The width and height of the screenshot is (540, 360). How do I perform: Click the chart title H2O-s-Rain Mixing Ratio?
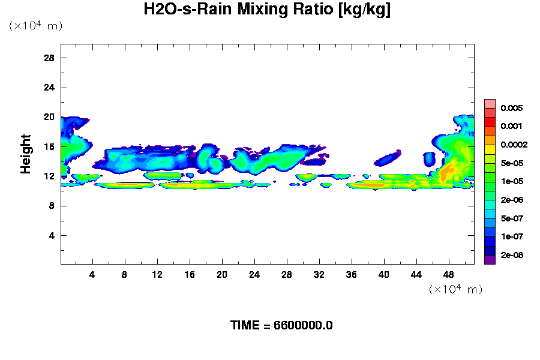click(x=267, y=10)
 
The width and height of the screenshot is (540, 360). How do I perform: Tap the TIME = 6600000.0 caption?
click(x=281, y=325)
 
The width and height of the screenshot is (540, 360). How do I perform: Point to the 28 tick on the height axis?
click(x=49, y=58)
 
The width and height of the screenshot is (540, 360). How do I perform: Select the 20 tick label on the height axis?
click(x=49, y=117)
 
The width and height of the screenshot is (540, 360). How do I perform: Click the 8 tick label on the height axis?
click(x=52, y=206)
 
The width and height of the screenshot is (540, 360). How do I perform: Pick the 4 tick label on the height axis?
click(x=52, y=235)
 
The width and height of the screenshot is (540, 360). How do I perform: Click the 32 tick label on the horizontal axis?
click(x=319, y=274)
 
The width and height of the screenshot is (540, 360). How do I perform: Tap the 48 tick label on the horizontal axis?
click(x=449, y=274)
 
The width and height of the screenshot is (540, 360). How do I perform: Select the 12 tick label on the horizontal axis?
click(x=157, y=274)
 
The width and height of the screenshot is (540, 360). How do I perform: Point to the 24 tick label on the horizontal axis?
click(x=254, y=274)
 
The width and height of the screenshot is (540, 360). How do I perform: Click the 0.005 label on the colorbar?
click(x=512, y=108)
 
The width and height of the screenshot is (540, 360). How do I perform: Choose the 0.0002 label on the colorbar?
click(x=514, y=145)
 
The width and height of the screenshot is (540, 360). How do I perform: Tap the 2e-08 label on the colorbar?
click(x=512, y=255)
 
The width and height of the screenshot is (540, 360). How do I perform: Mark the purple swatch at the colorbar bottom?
click(x=490, y=260)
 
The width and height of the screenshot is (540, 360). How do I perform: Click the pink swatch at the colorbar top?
click(x=490, y=103)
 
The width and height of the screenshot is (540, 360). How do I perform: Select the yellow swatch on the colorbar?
click(x=490, y=149)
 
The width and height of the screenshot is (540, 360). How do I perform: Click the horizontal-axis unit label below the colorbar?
click(x=455, y=289)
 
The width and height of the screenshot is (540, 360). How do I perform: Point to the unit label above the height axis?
click(x=35, y=26)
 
